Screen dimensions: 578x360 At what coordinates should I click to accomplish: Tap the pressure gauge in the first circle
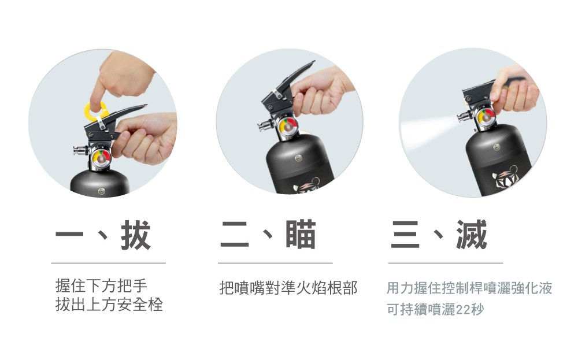(x=101, y=157)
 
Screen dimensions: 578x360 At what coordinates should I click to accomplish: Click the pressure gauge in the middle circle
(x=288, y=127)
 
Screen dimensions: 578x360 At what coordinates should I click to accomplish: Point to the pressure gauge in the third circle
(x=486, y=117)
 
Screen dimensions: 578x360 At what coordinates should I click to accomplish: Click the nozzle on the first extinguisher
(x=80, y=150)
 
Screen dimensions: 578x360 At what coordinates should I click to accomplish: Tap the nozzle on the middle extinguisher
(x=265, y=126)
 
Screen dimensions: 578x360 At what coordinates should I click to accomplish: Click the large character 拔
(x=136, y=235)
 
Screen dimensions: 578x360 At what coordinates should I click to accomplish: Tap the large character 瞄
(x=301, y=235)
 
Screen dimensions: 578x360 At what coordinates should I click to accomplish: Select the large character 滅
(x=472, y=235)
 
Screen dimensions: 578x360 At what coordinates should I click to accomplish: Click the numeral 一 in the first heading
(x=69, y=235)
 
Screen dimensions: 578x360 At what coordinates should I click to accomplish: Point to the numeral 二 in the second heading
(x=235, y=235)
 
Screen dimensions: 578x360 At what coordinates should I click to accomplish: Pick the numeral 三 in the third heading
(x=405, y=235)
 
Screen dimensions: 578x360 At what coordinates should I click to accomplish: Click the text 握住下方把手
(x=101, y=285)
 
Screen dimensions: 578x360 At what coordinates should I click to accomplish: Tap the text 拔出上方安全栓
(x=109, y=305)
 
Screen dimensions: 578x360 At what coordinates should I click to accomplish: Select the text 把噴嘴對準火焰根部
(x=288, y=288)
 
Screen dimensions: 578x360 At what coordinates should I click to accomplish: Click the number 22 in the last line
(x=463, y=310)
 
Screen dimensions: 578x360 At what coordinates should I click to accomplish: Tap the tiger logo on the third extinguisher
(x=505, y=176)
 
